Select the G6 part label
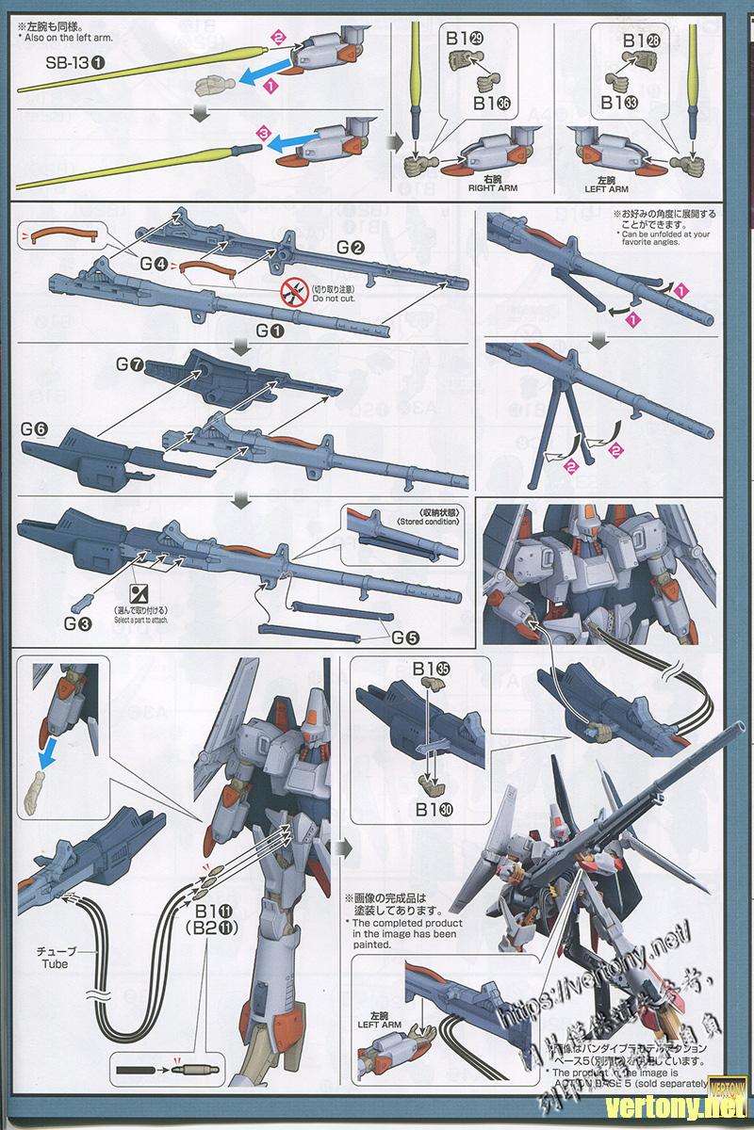point(34,428)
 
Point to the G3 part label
point(79,622)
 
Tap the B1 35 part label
point(432,668)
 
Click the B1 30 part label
point(433,808)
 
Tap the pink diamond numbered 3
point(265,137)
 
